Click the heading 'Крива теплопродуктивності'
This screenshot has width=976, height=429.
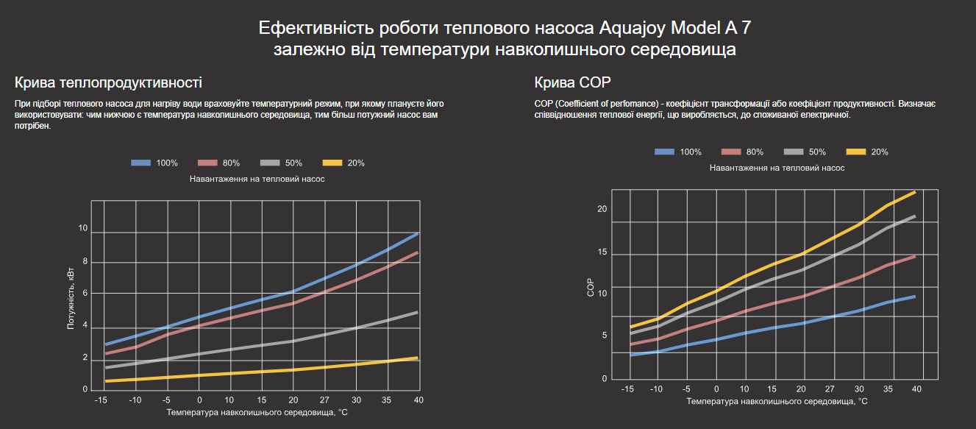(x=108, y=82)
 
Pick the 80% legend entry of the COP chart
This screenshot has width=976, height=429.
(x=743, y=152)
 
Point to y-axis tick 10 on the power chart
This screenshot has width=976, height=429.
(x=83, y=229)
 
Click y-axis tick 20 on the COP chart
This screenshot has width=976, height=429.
(x=602, y=210)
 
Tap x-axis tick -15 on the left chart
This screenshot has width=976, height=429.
(x=101, y=400)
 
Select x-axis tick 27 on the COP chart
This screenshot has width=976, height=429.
(x=830, y=389)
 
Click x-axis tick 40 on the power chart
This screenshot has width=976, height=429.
(x=418, y=400)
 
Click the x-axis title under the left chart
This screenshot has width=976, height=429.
(x=257, y=413)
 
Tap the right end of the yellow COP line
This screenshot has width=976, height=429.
(x=914, y=192)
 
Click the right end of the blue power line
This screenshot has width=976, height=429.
(x=418, y=233)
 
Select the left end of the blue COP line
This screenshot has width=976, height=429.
(x=632, y=355)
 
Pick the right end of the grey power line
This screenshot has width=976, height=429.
(x=418, y=312)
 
